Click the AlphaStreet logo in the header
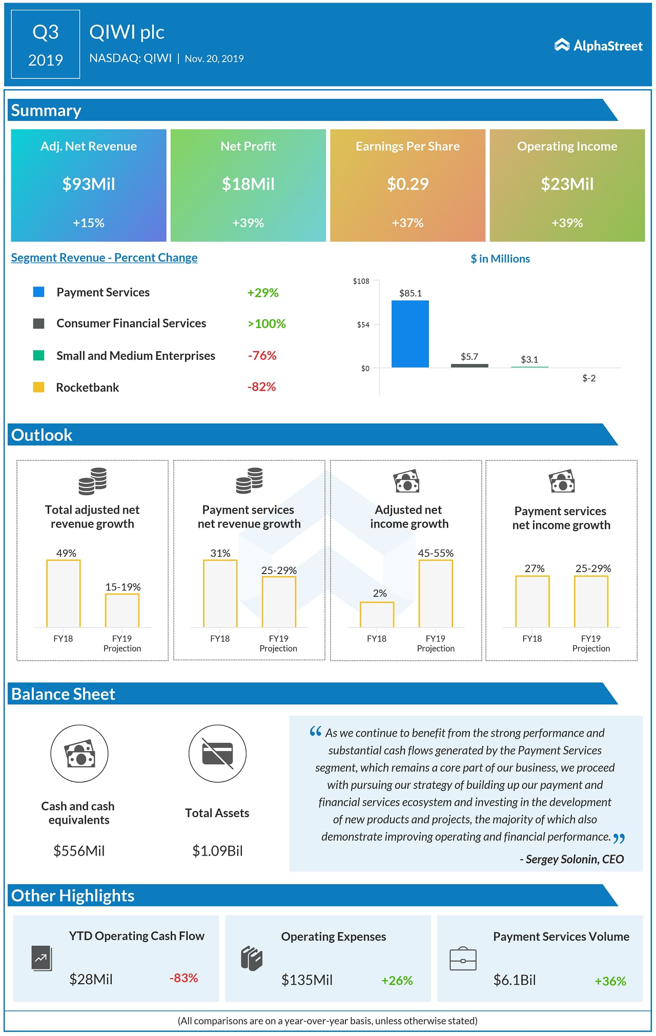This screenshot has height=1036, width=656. point(598,46)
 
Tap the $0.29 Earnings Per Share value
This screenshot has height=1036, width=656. point(407,184)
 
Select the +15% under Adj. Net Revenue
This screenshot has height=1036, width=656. point(89,223)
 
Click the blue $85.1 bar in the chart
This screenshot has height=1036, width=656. point(410,334)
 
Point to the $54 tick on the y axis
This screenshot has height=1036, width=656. point(363,325)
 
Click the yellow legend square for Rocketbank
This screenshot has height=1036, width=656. point(38,387)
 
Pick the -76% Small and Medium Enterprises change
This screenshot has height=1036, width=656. point(262,356)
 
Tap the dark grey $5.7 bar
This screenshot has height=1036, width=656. point(469,365)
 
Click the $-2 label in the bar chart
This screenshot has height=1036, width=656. point(589,378)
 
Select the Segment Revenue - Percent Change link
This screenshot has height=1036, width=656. point(104,258)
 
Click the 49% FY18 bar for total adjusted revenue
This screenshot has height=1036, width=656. point(64,593)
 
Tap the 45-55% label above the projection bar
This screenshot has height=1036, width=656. point(436,553)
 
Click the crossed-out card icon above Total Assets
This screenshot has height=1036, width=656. point(217,754)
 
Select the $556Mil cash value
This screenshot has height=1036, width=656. point(79,851)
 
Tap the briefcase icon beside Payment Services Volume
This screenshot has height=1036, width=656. point(463,959)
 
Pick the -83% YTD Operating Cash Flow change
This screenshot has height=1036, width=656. point(183,978)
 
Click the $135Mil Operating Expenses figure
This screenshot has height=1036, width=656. point(306,980)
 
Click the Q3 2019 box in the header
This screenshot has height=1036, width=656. point(46,45)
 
